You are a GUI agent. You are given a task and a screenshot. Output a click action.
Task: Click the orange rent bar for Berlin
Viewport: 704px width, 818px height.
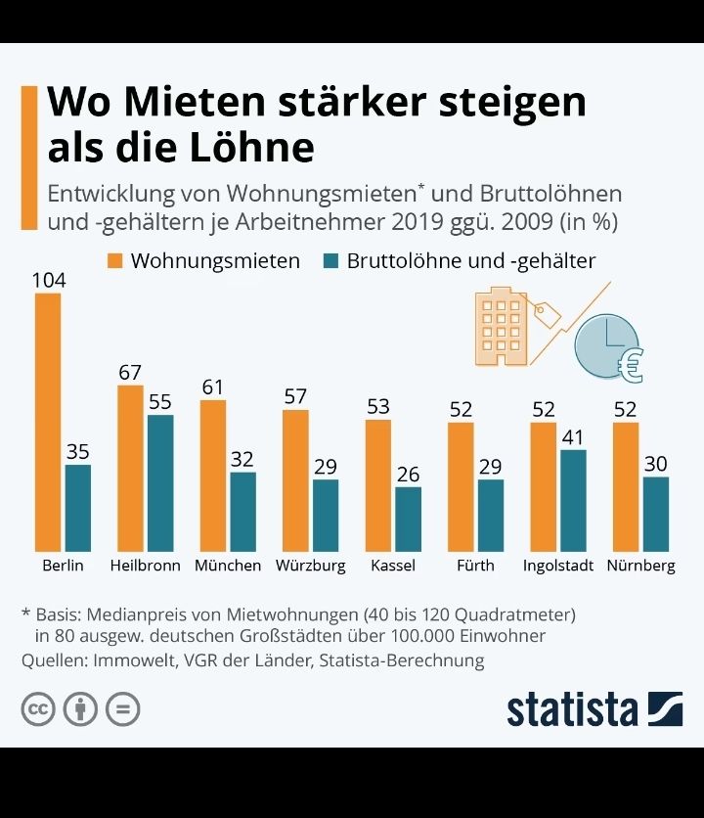coord(48,421)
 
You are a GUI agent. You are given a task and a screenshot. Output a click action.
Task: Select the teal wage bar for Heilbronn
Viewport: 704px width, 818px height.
coord(159,481)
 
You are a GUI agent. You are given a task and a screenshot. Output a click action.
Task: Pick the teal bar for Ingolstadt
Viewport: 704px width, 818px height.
coord(573,499)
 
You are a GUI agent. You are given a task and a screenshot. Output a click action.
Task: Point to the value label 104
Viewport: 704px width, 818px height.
coord(48,281)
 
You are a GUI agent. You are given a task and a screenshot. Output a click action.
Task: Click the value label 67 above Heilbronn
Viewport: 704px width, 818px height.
coord(130,373)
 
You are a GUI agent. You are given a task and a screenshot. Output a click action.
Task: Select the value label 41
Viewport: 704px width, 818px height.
coord(573,437)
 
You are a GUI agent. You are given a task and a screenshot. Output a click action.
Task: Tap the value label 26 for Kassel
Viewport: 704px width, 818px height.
coord(408,475)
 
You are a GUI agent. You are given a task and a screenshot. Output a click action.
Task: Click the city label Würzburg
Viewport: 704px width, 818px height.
coord(310,566)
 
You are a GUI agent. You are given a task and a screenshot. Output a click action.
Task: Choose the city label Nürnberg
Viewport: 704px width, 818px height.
coord(640,566)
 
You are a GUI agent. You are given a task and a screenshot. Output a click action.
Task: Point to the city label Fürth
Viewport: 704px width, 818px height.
coord(475,566)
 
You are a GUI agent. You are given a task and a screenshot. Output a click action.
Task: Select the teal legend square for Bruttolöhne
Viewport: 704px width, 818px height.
coord(330,261)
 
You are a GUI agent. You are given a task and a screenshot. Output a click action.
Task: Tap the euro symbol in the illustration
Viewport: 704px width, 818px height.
coord(631,364)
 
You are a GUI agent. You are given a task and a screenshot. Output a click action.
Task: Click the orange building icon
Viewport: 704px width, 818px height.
coord(501,326)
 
